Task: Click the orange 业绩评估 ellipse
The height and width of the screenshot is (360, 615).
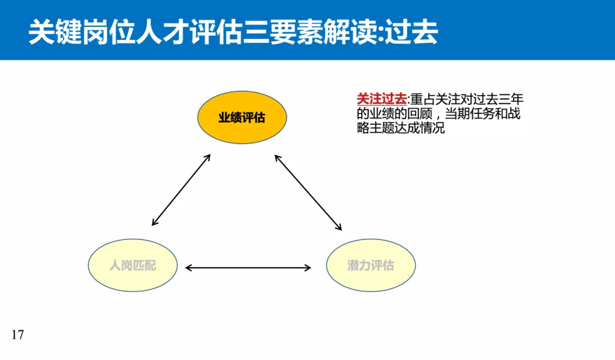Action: pos(242,118)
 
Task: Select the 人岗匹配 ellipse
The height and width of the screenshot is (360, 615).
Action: pos(132,265)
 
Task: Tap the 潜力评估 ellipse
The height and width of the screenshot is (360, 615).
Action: pos(370,265)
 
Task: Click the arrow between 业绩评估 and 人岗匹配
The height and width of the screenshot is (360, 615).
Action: pos(181,189)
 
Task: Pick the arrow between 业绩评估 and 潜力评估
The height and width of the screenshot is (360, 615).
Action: pos(308,192)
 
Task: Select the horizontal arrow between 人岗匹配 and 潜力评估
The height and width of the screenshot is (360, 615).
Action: pos(248,267)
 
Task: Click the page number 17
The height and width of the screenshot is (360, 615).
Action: pos(18,334)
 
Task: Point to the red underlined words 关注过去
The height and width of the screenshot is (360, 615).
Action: pos(374,99)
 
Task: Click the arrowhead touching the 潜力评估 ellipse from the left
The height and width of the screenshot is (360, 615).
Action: pos(308,267)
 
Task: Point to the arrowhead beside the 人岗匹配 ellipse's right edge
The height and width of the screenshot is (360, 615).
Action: pos(189,267)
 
